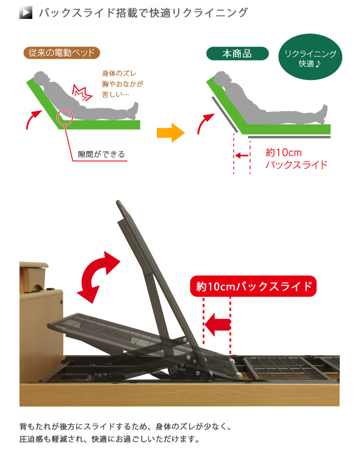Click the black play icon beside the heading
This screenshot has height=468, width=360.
[26, 13]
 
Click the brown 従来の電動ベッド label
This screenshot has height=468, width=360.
[61, 53]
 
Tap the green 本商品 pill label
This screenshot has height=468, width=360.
[237, 54]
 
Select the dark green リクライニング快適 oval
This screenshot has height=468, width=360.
[310, 57]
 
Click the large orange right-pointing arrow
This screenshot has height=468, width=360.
[171, 132]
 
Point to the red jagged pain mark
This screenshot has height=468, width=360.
[82, 92]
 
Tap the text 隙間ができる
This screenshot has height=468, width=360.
[101, 154]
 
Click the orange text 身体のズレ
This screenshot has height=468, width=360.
[119, 73]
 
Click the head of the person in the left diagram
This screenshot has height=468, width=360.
[41, 78]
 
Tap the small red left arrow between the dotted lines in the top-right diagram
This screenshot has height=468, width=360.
[242, 156]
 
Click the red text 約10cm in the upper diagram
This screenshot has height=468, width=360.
[283, 152]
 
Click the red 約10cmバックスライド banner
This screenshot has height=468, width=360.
[253, 286]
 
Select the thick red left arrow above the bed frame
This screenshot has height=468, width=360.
[217, 324]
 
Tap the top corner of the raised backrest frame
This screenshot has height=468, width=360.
[119, 202]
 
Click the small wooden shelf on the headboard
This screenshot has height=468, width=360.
[33, 276]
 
